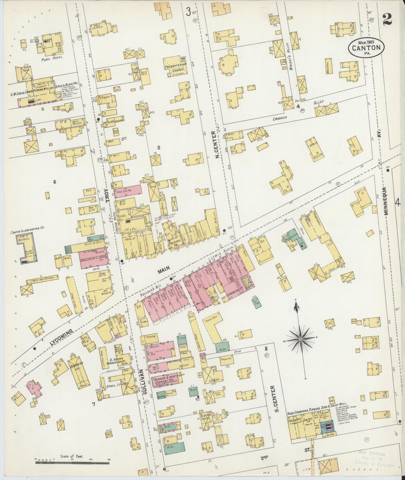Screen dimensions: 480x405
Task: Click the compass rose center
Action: pyautogui.click(x=300, y=339)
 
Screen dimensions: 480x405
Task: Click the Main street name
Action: pyautogui.click(x=164, y=269)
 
